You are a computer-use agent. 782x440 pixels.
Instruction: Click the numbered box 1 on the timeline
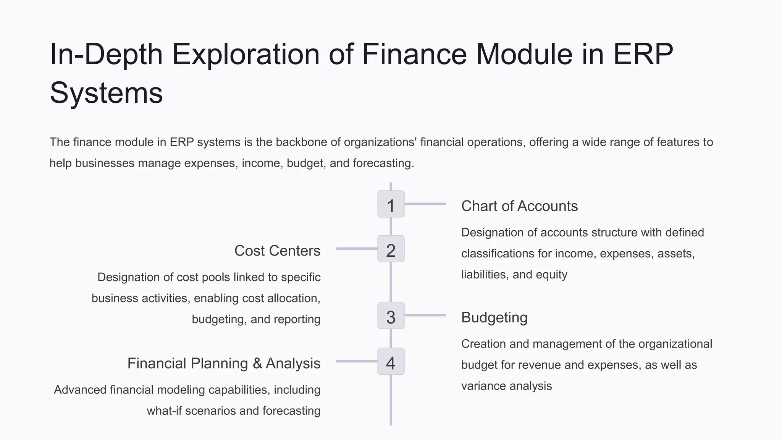click(x=391, y=204)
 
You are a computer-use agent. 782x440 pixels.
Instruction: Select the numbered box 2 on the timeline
click(x=391, y=249)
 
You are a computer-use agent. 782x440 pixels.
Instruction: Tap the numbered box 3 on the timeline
click(x=391, y=315)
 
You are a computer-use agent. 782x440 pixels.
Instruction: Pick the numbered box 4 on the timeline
click(x=391, y=361)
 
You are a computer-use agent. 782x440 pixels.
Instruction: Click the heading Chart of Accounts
click(x=519, y=206)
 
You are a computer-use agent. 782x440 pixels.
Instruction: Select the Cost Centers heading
click(x=277, y=251)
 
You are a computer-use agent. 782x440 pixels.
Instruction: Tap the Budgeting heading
click(x=494, y=318)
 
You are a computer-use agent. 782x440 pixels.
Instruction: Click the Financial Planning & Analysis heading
click(x=224, y=364)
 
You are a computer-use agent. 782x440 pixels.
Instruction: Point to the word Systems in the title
click(x=106, y=93)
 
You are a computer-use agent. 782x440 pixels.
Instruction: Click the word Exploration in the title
click(x=246, y=54)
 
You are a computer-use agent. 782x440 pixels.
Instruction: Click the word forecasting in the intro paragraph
click(x=383, y=163)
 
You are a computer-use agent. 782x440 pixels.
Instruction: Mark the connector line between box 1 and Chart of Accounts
click(x=425, y=204)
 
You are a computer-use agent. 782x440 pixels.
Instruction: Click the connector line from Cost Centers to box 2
click(x=356, y=249)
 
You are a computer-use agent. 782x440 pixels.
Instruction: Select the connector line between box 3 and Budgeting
click(x=425, y=315)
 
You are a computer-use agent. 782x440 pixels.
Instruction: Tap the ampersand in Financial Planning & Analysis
click(x=257, y=364)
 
